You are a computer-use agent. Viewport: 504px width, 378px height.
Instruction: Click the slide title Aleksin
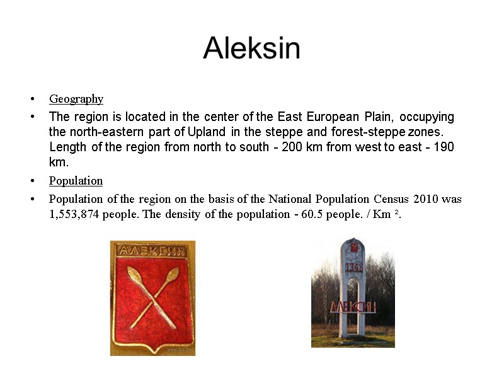click(251, 49)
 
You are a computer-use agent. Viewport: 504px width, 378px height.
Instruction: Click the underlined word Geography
click(76, 99)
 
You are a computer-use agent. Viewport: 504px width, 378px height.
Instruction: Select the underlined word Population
click(76, 181)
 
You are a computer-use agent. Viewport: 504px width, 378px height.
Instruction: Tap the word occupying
click(427, 117)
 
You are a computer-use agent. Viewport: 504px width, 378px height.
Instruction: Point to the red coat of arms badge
click(152, 298)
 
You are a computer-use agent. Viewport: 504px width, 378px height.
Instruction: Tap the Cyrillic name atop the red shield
click(152, 251)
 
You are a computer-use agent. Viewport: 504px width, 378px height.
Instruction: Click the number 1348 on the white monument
click(353, 267)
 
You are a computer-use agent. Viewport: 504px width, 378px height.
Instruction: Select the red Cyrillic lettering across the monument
click(353, 306)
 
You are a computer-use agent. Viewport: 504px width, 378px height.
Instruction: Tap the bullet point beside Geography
click(31, 99)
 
